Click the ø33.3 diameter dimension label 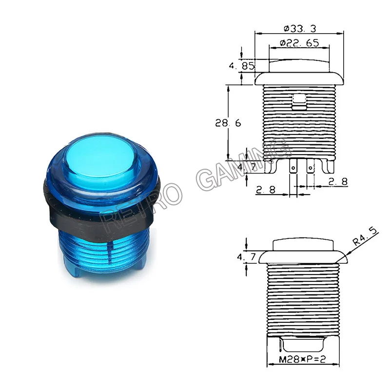click(x=300, y=29)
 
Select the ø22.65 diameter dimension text click(x=299, y=43)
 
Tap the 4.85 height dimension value click(x=242, y=66)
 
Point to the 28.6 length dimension click(x=228, y=123)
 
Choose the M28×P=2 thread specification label click(x=302, y=359)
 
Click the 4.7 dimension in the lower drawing click(x=246, y=257)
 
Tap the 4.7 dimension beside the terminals click(x=247, y=167)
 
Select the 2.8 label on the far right click(x=338, y=181)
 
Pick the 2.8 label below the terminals click(x=266, y=190)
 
